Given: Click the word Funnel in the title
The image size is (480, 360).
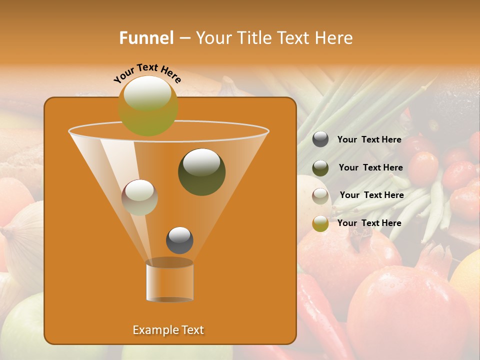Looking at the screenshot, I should (x=146, y=38).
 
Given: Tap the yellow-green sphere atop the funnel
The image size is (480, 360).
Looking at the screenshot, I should (x=148, y=105).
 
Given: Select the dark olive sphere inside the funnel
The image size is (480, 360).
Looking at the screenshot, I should (x=201, y=171).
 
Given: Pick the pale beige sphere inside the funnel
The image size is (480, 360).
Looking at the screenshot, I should (x=139, y=197).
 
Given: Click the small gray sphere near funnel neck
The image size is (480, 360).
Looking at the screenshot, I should (x=179, y=240).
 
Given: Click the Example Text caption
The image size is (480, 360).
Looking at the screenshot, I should (x=168, y=330).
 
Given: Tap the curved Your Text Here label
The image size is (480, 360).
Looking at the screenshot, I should (x=147, y=72).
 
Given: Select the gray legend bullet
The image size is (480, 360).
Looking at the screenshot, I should (x=320, y=139).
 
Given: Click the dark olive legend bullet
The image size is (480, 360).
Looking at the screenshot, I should (x=320, y=168).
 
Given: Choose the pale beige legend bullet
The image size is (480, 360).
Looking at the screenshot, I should (x=320, y=195).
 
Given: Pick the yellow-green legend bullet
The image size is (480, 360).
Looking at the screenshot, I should (x=320, y=223).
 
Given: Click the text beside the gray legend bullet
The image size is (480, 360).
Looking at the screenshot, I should (x=369, y=140).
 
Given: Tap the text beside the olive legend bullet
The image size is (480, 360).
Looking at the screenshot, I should (x=370, y=168).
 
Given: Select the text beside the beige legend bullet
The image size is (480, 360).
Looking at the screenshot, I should (x=371, y=195).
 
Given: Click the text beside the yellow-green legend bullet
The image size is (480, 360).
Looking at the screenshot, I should (x=369, y=223).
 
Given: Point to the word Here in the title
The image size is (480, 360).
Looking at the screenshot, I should (x=334, y=38).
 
